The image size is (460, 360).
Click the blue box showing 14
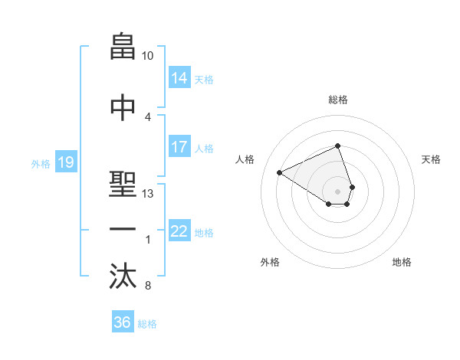(x=179, y=78)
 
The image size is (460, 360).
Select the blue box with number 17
(x=179, y=147)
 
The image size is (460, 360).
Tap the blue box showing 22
(x=179, y=232)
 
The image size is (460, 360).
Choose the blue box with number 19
(x=65, y=162)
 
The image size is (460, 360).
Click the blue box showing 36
(x=122, y=322)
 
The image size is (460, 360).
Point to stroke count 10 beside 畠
(x=148, y=57)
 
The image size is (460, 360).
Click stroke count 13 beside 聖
(x=148, y=194)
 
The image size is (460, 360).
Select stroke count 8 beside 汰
(x=147, y=286)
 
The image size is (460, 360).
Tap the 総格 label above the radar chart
(x=337, y=100)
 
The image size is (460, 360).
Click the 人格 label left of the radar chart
(x=245, y=159)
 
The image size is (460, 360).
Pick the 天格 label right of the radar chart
(x=431, y=159)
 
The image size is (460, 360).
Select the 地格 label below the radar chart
(x=402, y=262)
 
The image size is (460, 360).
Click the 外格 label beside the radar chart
(x=270, y=262)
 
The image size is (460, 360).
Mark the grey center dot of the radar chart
(x=337, y=190)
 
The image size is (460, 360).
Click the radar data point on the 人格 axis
(x=280, y=172)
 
